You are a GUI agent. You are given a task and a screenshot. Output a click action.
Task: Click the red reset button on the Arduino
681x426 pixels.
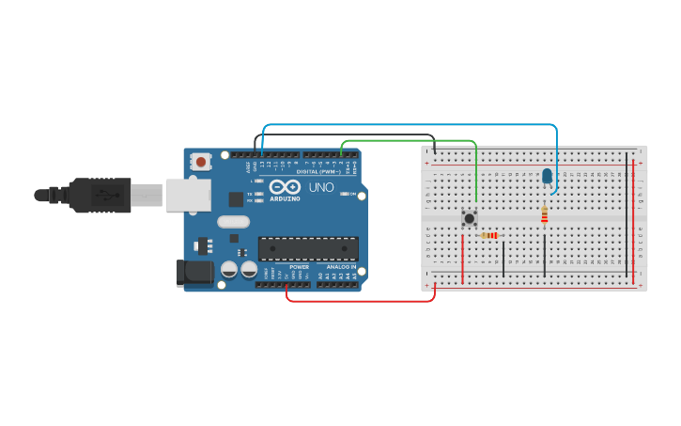(x=201, y=162)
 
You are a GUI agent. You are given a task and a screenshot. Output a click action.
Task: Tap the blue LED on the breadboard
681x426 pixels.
(x=547, y=176)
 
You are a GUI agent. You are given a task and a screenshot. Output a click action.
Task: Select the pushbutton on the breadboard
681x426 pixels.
(x=469, y=218)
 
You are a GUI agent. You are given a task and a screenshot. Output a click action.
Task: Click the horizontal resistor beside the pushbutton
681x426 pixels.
(x=489, y=235)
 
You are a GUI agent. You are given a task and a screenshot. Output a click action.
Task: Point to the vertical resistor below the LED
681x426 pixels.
(x=544, y=216)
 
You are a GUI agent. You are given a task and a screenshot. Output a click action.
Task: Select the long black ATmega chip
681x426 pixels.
(x=308, y=248)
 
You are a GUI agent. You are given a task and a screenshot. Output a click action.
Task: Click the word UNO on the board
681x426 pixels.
(x=321, y=187)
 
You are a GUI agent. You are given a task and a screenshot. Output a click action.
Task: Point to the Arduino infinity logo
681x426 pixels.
(x=284, y=187)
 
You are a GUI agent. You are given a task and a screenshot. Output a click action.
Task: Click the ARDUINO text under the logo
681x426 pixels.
(x=284, y=199)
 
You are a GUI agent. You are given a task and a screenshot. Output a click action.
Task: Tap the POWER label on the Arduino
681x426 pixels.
(x=299, y=267)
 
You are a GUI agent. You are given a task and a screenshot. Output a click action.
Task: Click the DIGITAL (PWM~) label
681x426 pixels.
(x=317, y=172)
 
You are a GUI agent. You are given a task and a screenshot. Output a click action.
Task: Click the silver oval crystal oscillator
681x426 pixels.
(x=233, y=222)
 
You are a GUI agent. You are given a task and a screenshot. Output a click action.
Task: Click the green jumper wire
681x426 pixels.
(x=409, y=140)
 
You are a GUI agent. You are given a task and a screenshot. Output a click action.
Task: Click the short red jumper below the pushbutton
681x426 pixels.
(x=462, y=257)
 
